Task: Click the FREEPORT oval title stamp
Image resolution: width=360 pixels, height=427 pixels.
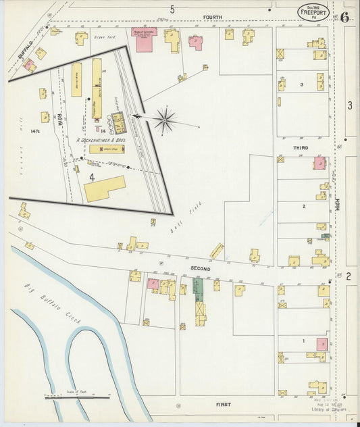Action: [315, 13]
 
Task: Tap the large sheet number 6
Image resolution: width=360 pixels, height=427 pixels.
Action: [344, 16]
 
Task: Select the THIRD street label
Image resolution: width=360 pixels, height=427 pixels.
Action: [301, 147]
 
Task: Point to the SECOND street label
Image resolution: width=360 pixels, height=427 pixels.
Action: [200, 268]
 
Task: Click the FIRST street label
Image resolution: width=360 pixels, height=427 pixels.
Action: [224, 404]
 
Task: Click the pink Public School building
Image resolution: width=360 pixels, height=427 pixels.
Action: [143, 39]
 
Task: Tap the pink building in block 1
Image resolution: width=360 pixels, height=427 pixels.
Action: [322, 344]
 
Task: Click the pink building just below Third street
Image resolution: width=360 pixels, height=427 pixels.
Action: [319, 163]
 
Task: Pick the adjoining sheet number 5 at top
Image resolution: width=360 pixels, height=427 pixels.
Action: [172, 9]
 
